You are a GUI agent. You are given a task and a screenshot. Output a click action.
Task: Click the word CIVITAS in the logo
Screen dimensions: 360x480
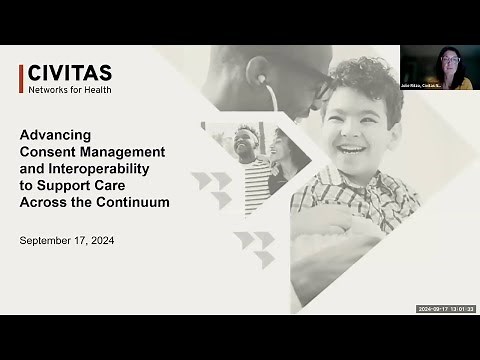[x=69, y=73]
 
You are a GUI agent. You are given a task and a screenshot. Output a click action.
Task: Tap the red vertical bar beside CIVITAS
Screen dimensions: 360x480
[x=21, y=78]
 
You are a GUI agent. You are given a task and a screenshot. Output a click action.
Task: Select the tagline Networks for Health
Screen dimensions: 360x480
[x=69, y=90]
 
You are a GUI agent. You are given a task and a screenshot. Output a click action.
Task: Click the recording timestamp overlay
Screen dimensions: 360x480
[x=445, y=309]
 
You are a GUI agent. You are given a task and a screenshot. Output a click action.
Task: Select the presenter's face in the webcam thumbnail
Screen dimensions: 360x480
[x=449, y=63]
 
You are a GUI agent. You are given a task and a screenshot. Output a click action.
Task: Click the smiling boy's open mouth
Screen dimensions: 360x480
[x=352, y=149]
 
